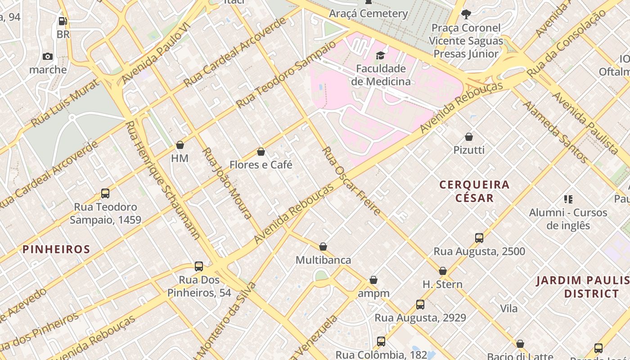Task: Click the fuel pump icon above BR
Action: pyautogui.click(x=63, y=21)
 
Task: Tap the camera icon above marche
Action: pyautogui.click(x=48, y=56)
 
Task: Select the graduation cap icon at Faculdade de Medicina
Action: pyautogui.click(x=381, y=55)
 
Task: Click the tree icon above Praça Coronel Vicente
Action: pyautogui.click(x=466, y=14)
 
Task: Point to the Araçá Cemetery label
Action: pyautogui.click(x=368, y=13)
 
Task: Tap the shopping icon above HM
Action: pyautogui.click(x=180, y=145)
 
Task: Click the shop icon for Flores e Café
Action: pyautogui.click(x=261, y=152)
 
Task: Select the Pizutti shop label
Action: pyautogui.click(x=469, y=150)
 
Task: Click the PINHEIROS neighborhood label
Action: pyautogui.click(x=56, y=249)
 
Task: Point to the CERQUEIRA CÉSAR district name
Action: pyautogui.click(x=474, y=191)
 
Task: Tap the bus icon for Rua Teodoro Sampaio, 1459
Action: pyautogui.click(x=105, y=193)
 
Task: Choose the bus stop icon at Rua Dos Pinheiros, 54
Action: pyautogui.click(x=199, y=266)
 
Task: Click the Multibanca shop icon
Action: pyautogui.click(x=323, y=247)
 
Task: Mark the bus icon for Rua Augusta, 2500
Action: pyautogui.click(x=479, y=238)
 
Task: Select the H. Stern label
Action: pyautogui.click(x=442, y=284)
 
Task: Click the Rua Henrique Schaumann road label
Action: pyautogui.click(x=162, y=180)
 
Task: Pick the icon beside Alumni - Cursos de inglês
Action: pyautogui.click(x=568, y=199)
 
